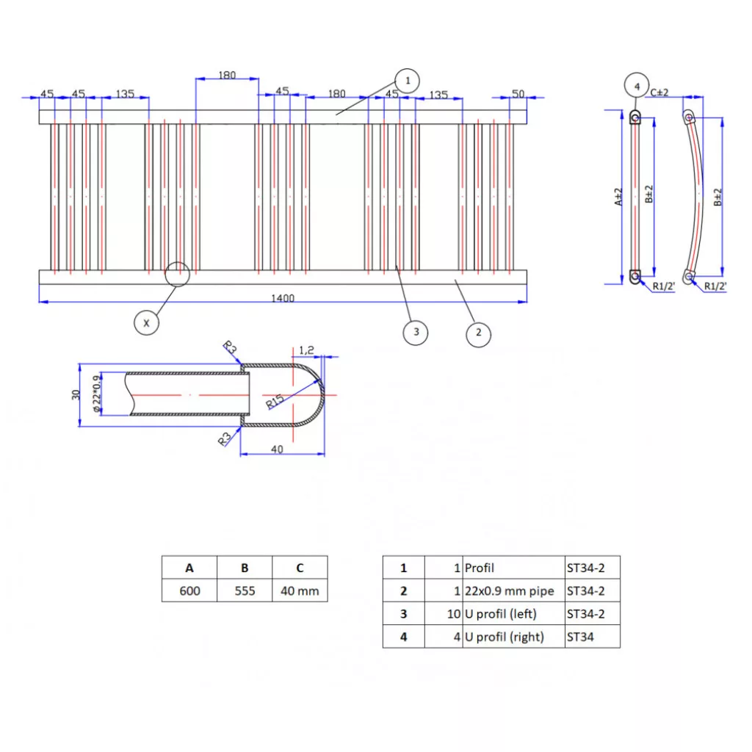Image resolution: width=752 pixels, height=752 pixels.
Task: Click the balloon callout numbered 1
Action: (x=407, y=80)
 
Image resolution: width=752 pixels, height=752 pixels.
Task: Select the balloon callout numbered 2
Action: (x=478, y=333)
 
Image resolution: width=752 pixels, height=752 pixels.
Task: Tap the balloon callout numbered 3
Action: (x=416, y=332)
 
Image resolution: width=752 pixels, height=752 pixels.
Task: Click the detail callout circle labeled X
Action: (x=147, y=322)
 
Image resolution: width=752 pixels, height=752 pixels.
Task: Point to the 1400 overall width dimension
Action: (x=283, y=298)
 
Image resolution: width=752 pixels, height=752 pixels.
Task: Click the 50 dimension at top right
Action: (x=518, y=93)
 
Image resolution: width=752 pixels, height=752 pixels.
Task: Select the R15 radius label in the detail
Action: (x=275, y=401)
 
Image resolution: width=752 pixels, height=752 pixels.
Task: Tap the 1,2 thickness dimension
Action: (x=306, y=350)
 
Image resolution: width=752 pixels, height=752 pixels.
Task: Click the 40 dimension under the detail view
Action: (x=277, y=449)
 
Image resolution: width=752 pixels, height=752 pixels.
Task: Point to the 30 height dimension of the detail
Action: (x=76, y=394)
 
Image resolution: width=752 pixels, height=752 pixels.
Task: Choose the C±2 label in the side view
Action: (x=659, y=92)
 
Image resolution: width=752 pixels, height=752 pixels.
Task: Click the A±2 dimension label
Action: (x=619, y=196)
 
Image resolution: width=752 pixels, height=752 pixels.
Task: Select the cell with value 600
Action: (x=189, y=590)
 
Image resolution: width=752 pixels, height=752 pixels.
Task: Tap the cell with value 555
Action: (x=245, y=590)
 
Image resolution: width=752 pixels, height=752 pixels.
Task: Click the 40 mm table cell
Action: (x=300, y=590)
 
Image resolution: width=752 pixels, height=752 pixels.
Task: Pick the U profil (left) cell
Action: (x=513, y=614)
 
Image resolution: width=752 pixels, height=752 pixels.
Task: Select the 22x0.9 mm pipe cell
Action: (x=513, y=590)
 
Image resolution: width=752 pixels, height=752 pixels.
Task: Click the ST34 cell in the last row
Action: (x=592, y=637)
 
